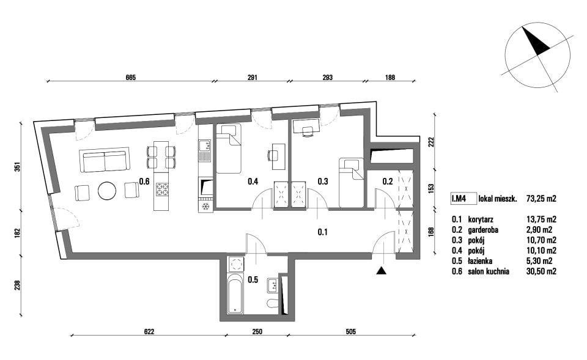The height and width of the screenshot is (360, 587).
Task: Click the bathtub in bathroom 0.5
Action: pyautogui.click(x=235, y=295)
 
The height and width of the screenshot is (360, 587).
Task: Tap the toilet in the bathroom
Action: pyautogui.click(x=273, y=303)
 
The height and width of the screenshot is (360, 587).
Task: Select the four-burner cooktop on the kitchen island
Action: pyautogui.click(x=162, y=189)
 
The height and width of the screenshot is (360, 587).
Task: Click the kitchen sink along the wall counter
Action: pyautogui.click(x=205, y=151)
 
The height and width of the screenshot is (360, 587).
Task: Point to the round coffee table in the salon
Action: pyautogui.click(x=107, y=191)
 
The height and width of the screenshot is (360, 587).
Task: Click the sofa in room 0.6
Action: pyautogui.click(x=105, y=160)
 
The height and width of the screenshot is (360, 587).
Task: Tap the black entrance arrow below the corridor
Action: pyautogui.click(x=381, y=271)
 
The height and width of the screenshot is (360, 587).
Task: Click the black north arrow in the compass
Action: pyautogui.click(x=536, y=40)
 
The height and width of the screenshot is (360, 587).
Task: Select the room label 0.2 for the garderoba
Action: pyautogui.click(x=388, y=182)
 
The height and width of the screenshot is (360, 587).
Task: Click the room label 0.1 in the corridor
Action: pyautogui.click(x=323, y=232)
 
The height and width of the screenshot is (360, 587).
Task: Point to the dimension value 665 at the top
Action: pyautogui.click(x=130, y=78)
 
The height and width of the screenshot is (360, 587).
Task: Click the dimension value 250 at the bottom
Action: pyautogui.click(x=257, y=331)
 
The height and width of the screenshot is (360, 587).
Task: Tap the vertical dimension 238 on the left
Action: pyautogui.click(x=17, y=285)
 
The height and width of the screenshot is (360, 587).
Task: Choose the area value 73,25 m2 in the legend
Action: pyautogui.click(x=541, y=199)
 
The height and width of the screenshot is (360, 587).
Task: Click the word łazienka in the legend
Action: pyautogui.click(x=480, y=261)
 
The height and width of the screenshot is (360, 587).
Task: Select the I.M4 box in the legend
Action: pyautogui.click(x=463, y=199)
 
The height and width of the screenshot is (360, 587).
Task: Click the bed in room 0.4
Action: pyautogui.click(x=229, y=149)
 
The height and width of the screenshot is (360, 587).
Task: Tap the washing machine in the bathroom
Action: pyautogui.click(x=236, y=264)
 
